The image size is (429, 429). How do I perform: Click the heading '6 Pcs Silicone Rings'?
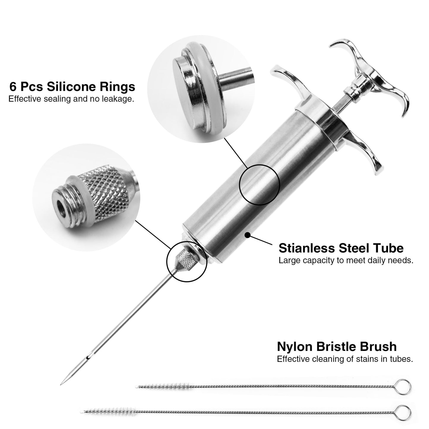pyautogui.click(x=72, y=87)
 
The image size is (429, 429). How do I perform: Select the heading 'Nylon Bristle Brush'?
pyautogui.click(x=337, y=346)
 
